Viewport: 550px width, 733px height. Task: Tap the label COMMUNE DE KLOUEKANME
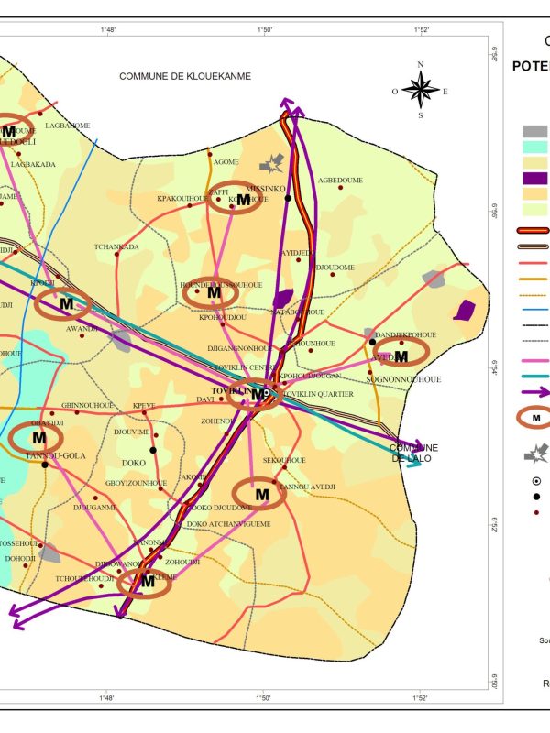click(x=184, y=76)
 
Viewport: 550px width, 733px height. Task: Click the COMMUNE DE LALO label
click(x=413, y=453)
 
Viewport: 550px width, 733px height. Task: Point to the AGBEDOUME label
click(x=340, y=181)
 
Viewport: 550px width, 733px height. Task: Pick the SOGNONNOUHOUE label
click(x=403, y=378)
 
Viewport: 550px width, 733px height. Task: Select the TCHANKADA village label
click(x=116, y=246)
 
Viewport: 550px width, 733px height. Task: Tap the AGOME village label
click(x=225, y=162)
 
